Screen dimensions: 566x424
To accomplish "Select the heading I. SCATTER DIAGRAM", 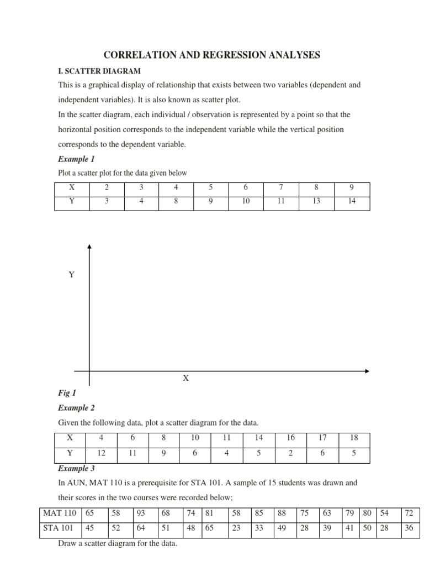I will (x=99, y=71).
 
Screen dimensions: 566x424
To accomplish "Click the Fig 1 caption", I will (x=66, y=393).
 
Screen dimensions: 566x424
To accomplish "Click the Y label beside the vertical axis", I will (x=71, y=275).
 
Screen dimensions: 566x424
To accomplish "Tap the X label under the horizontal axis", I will (x=185, y=379).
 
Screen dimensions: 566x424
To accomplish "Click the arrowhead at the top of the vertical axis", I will (x=89, y=247).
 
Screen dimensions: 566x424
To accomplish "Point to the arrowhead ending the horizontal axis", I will (x=366, y=371).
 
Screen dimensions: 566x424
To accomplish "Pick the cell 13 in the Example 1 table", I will (x=316, y=202).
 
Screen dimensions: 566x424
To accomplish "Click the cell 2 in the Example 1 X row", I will (x=107, y=187).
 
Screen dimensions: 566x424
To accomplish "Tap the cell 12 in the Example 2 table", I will (x=101, y=452).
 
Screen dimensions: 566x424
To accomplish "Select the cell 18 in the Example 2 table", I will (x=354, y=437).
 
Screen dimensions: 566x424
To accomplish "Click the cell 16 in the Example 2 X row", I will (x=291, y=437).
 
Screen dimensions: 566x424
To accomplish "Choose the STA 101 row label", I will (x=59, y=527).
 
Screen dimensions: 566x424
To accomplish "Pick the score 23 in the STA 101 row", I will (x=236, y=527).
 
